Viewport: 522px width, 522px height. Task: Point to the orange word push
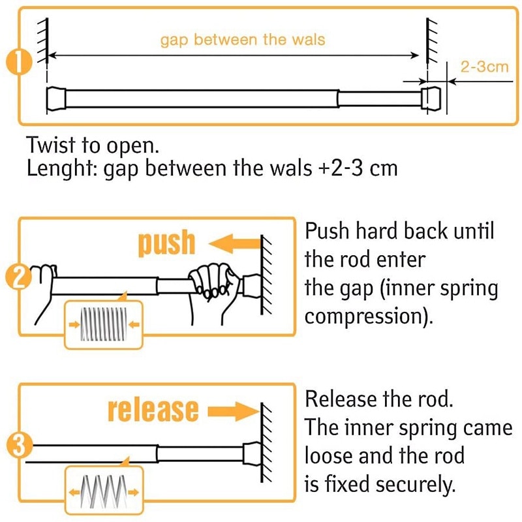(167, 243)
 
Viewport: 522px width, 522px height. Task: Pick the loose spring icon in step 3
(102, 489)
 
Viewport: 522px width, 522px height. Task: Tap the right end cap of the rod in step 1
(431, 98)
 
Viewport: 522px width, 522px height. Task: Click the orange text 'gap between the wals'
(243, 40)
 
